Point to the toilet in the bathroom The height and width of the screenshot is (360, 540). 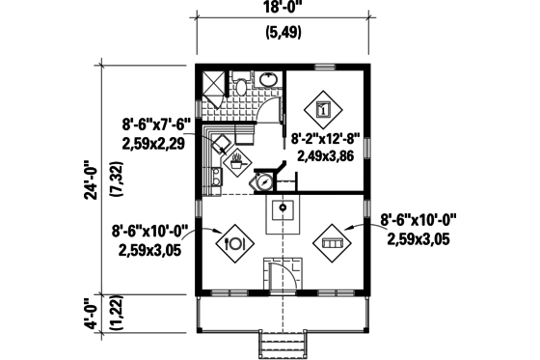(244, 86)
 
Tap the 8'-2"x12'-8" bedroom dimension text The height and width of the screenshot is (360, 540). (329, 139)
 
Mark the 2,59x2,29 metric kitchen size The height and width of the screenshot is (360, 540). (154, 142)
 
